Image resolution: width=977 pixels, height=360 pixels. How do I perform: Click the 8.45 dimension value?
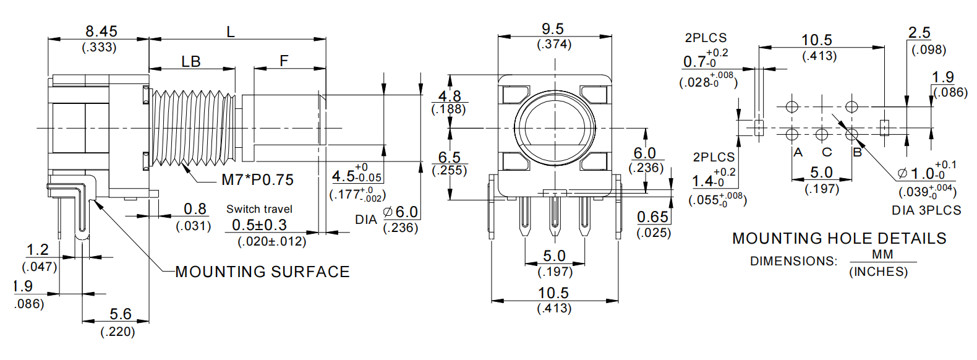(101, 31)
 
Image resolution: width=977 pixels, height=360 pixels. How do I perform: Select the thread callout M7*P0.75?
(257, 180)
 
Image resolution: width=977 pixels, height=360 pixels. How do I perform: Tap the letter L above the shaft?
(231, 32)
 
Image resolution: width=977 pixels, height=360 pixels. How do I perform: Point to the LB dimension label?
(191, 61)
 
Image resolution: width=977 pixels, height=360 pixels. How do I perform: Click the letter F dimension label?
(284, 61)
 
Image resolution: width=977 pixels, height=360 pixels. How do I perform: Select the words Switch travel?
(259, 209)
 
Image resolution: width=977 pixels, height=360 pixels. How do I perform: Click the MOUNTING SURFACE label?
(262, 272)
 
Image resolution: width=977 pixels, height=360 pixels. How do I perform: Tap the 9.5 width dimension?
(553, 29)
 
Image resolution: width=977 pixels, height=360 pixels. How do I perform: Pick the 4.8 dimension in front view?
(450, 96)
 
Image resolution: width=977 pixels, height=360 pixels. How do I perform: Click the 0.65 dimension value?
(653, 217)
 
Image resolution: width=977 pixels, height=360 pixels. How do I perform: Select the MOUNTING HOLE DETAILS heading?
(839, 239)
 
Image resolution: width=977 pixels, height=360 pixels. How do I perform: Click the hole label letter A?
(798, 152)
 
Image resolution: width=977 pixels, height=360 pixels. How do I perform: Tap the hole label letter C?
(827, 152)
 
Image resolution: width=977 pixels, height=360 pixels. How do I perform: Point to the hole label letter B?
(857, 152)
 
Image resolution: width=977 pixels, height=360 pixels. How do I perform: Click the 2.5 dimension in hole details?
(919, 33)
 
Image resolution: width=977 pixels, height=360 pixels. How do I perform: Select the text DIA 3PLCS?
(926, 210)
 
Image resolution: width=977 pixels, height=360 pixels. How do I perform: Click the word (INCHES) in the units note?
(878, 272)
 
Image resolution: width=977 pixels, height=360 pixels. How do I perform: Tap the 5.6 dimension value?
(120, 314)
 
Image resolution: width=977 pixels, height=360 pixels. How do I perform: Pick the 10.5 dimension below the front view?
(553, 293)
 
